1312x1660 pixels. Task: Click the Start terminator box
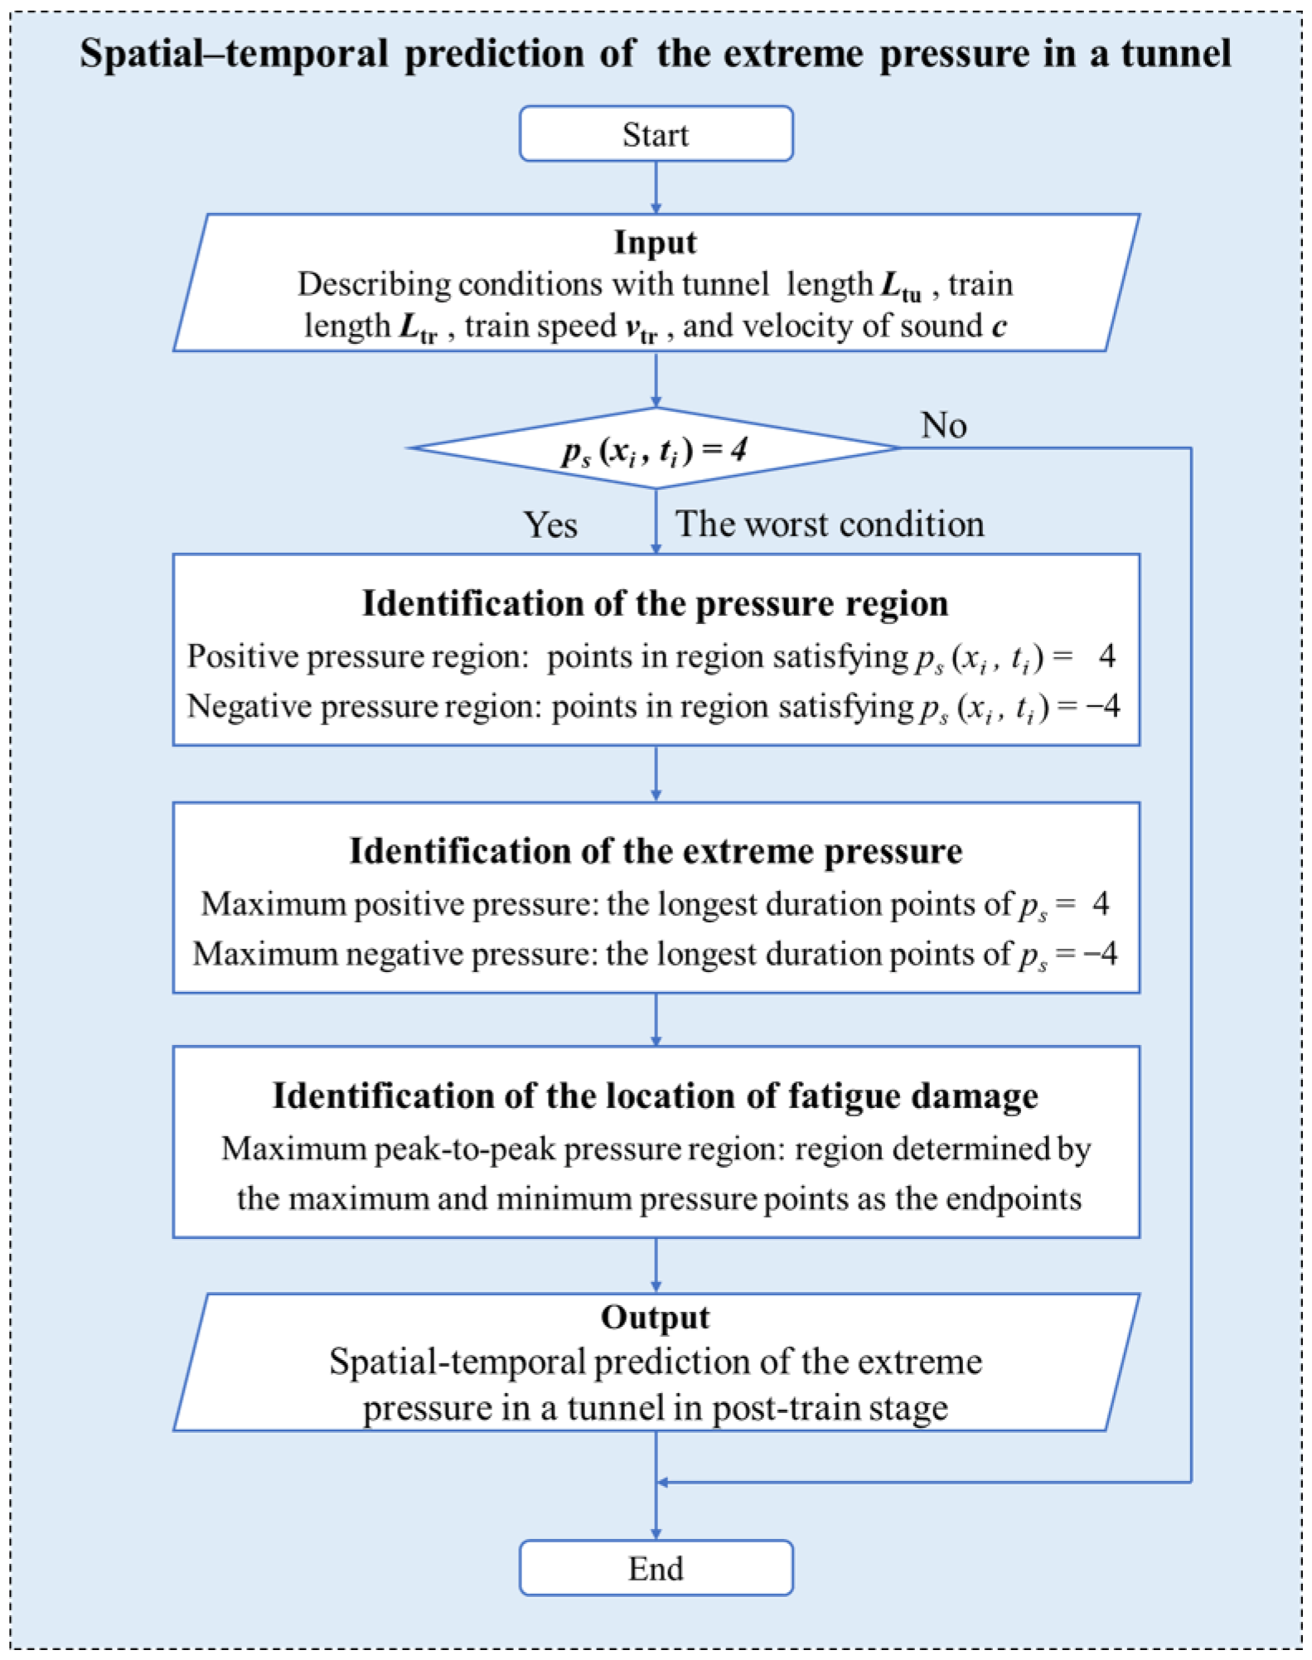click(x=656, y=134)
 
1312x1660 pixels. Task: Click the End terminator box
click(x=656, y=1568)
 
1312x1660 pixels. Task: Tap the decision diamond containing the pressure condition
click(x=655, y=449)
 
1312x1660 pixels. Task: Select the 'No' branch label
click(x=943, y=426)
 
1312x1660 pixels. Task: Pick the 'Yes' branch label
click(x=550, y=525)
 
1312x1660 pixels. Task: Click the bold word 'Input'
click(x=655, y=243)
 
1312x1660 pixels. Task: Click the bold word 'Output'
click(x=655, y=1318)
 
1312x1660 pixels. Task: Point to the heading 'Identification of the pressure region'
click(x=655, y=603)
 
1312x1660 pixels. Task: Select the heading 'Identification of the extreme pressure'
click(x=655, y=851)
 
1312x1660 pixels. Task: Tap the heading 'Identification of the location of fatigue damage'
click(x=655, y=1096)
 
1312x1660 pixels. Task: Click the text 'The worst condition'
click(x=830, y=525)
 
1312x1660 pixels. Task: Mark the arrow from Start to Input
click(x=656, y=187)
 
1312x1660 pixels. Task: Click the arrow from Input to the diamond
click(x=656, y=379)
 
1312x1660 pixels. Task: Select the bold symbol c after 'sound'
click(x=999, y=327)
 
